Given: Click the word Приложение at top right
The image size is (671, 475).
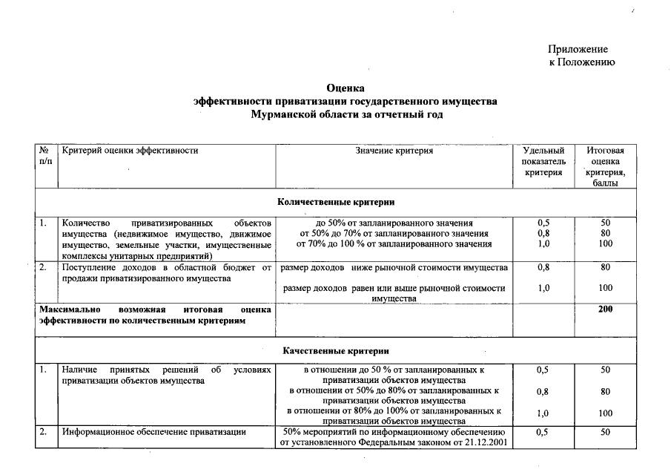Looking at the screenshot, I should (x=578, y=48).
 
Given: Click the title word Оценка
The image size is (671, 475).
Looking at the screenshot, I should (x=346, y=88).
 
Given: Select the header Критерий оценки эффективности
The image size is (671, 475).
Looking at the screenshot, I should (x=130, y=151).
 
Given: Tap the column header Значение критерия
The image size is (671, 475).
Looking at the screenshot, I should (x=394, y=151).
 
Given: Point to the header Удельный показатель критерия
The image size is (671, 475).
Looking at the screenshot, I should (x=543, y=161).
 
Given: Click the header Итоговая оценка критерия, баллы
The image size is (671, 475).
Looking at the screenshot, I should (x=605, y=166).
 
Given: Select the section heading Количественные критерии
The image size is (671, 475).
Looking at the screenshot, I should (x=336, y=202).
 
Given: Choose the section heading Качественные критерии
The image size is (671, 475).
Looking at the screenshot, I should (x=336, y=350).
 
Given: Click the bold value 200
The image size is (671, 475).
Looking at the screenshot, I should (x=605, y=309).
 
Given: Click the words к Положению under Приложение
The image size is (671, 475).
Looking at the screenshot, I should (x=581, y=62).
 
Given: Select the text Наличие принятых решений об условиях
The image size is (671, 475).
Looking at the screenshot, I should (x=167, y=369).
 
